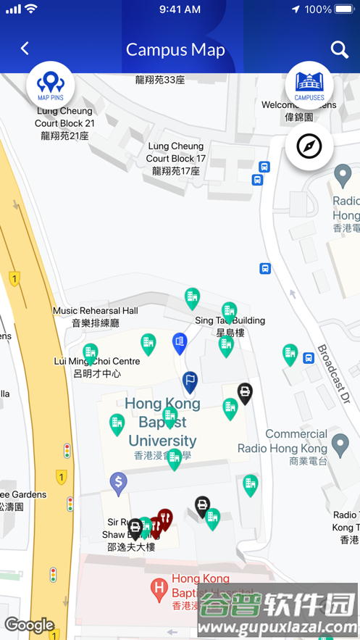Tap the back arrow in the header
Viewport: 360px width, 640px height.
click(25, 49)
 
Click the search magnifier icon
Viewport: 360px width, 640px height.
click(339, 49)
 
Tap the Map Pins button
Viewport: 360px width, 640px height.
click(51, 85)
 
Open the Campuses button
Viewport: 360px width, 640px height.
click(309, 85)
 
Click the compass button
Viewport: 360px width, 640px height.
click(309, 146)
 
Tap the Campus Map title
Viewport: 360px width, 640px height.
click(175, 49)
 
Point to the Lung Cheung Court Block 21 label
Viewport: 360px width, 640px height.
click(65, 123)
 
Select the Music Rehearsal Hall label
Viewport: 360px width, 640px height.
click(96, 317)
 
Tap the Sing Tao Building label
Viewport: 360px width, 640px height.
click(230, 326)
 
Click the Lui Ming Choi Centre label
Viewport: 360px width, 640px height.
click(97, 367)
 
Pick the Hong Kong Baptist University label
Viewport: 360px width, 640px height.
click(162, 423)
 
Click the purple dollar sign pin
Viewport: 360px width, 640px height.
click(119, 481)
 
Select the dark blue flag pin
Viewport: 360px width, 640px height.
click(190, 380)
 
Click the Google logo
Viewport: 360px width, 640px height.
click(29, 625)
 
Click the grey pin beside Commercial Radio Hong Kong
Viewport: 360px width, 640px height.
click(340, 442)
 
